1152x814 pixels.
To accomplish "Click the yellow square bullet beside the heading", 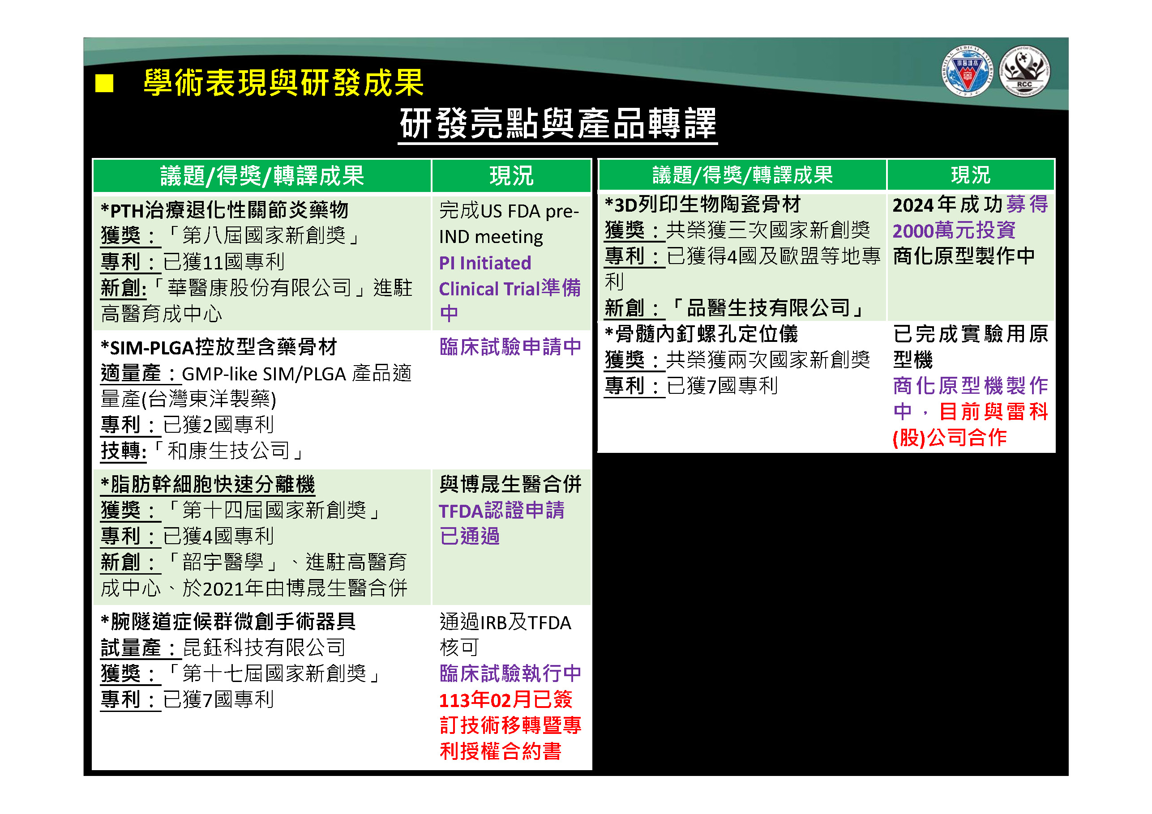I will (104, 83).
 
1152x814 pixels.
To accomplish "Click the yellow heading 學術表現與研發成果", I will (283, 83).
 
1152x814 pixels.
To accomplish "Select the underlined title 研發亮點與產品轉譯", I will (557, 124).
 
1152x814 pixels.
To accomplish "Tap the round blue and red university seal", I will (967, 72).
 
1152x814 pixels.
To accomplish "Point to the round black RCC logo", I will (1024, 72).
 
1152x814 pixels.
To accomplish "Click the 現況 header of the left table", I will (511, 176).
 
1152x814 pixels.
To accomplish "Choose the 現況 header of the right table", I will (970, 175).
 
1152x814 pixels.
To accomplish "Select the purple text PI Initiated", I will (485, 263).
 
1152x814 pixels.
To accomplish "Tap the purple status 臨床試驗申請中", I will (510, 346).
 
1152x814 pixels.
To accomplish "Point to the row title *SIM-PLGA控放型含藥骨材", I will (219, 347).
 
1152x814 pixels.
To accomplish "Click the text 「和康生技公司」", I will (229, 450).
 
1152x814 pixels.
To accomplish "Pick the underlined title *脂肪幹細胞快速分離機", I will (208, 485).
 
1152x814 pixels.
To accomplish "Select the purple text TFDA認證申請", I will (501, 511).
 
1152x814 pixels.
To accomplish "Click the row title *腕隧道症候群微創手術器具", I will (228, 622).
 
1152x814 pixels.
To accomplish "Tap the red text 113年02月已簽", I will (505, 699).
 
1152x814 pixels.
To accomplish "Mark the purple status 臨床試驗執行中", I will (510, 673).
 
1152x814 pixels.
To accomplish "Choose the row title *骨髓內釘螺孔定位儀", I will (701, 334).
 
